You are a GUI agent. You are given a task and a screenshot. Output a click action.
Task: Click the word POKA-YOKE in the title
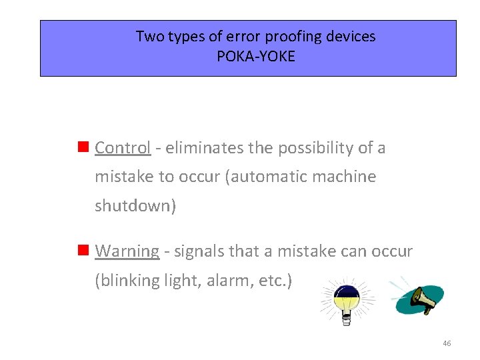pos(255,57)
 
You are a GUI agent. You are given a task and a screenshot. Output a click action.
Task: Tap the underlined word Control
pos(123,148)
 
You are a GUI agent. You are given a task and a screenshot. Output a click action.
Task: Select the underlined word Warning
pos(127,251)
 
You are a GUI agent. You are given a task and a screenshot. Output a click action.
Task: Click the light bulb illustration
pos(347,299)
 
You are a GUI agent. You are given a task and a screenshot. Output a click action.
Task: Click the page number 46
pos(447,343)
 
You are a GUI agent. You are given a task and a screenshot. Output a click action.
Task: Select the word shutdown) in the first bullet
pos(135,206)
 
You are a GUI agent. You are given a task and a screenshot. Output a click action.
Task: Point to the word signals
pos(199,251)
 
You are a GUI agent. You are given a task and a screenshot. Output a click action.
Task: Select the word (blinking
pos(127,281)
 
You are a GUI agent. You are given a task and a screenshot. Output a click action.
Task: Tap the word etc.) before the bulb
pos(271,281)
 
